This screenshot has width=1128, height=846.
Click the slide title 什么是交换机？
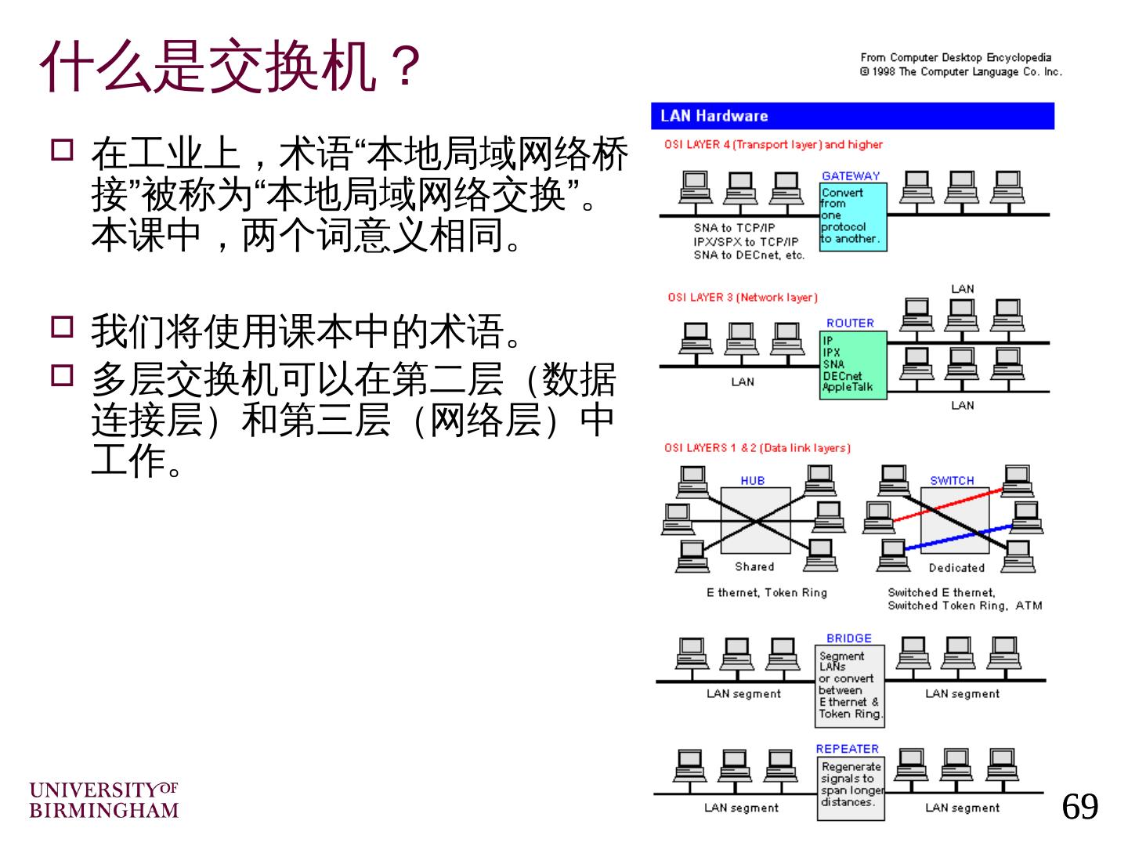(231, 67)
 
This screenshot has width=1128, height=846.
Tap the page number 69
(1079, 806)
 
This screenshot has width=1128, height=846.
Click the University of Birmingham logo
(104, 799)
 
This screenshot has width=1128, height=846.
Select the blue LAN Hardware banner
(851, 116)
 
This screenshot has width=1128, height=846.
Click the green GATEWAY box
(852, 216)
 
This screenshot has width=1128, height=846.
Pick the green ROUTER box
(854, 365)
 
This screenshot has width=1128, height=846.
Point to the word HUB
(752, 480)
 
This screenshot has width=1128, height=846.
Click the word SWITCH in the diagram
(952, 480)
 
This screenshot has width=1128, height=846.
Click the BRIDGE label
(848, 638)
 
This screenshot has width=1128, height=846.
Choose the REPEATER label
(847, 749)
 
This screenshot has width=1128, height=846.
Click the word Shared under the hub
(754, 566)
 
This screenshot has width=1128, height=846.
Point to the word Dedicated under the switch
(956, 568)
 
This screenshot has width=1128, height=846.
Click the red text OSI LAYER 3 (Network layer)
(742, 298)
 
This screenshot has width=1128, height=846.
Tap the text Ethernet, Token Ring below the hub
(766, 593)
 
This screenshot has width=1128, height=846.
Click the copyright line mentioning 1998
(960, 72)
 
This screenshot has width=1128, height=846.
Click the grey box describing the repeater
(850, 788)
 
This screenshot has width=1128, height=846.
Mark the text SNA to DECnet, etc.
(748, 255)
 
